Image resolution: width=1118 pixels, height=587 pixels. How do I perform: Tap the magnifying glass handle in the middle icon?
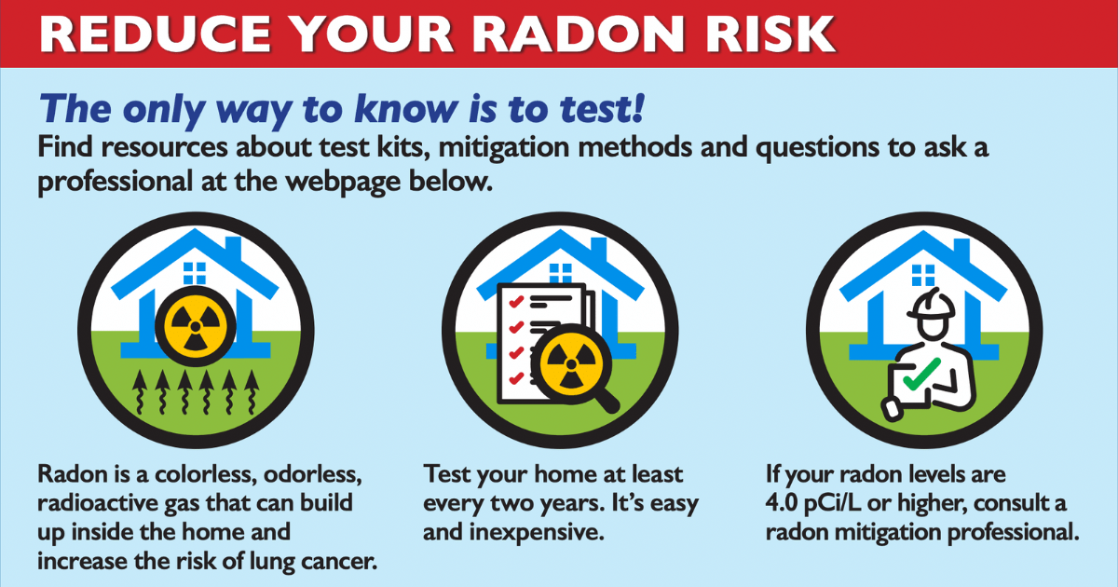[605, 398]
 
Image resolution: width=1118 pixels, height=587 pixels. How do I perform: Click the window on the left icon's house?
[195, 272]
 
